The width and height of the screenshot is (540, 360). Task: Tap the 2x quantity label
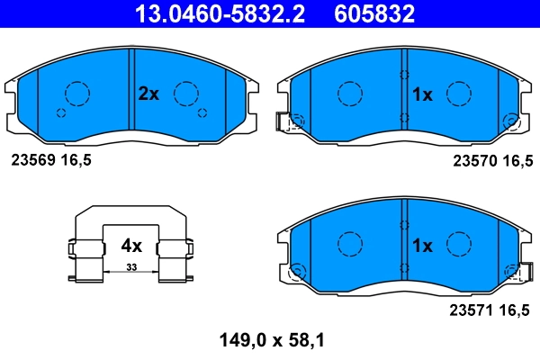pos(148,94)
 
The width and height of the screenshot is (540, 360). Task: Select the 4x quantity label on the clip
pos(131,245)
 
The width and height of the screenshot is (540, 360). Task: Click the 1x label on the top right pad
pos(422,94)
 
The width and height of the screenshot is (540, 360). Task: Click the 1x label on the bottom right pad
pos(422,245)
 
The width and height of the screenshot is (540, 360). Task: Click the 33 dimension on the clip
pos(131,268)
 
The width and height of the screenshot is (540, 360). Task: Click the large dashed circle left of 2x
pos(77,94)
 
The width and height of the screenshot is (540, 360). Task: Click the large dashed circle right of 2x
pos(186,94)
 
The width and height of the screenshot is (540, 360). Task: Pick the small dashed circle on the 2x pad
pos(61,112)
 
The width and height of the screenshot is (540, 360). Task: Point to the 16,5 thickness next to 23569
pos(76,159)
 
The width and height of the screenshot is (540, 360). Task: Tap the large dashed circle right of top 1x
pos(460,94)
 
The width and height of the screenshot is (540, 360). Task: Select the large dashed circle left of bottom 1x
pos(348,244)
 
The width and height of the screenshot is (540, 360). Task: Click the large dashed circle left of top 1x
pos(348,93)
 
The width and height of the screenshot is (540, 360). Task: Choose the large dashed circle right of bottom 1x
pos(460,244)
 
